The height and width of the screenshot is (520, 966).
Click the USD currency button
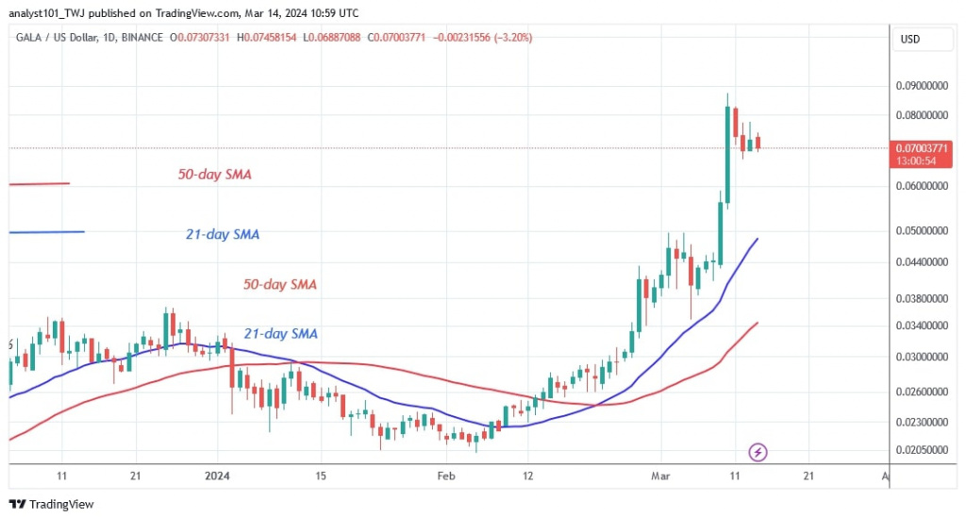pyautogui.click(x=910, y=39)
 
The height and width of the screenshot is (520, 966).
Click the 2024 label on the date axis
pyautogui.click(x=218, y=478)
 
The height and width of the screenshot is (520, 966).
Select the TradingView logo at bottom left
pyautogui.click(x=52, y=505)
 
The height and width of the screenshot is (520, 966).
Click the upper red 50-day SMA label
pyautogui.click(x=214, y=175)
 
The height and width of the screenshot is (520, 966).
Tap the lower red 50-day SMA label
pyautogui.click(x=281, y=284)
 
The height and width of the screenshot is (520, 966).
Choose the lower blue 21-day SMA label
pyautogui.click(x=281, y=333)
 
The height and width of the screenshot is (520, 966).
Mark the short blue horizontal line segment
pyautogui.click(x=46, y=232)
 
